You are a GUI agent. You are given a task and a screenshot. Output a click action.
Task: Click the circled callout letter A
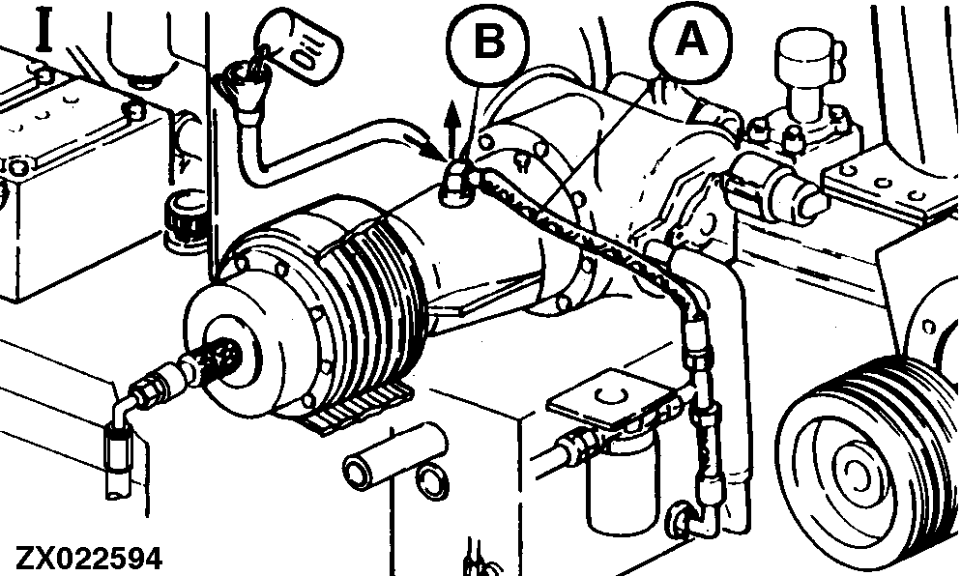690,42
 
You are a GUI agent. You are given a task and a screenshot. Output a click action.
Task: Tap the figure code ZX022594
90,559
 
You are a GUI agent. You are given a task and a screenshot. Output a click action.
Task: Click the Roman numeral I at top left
44,29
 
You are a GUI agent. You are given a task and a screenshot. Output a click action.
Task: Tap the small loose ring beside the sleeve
432,479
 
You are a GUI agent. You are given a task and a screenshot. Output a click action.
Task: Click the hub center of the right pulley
856,472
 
